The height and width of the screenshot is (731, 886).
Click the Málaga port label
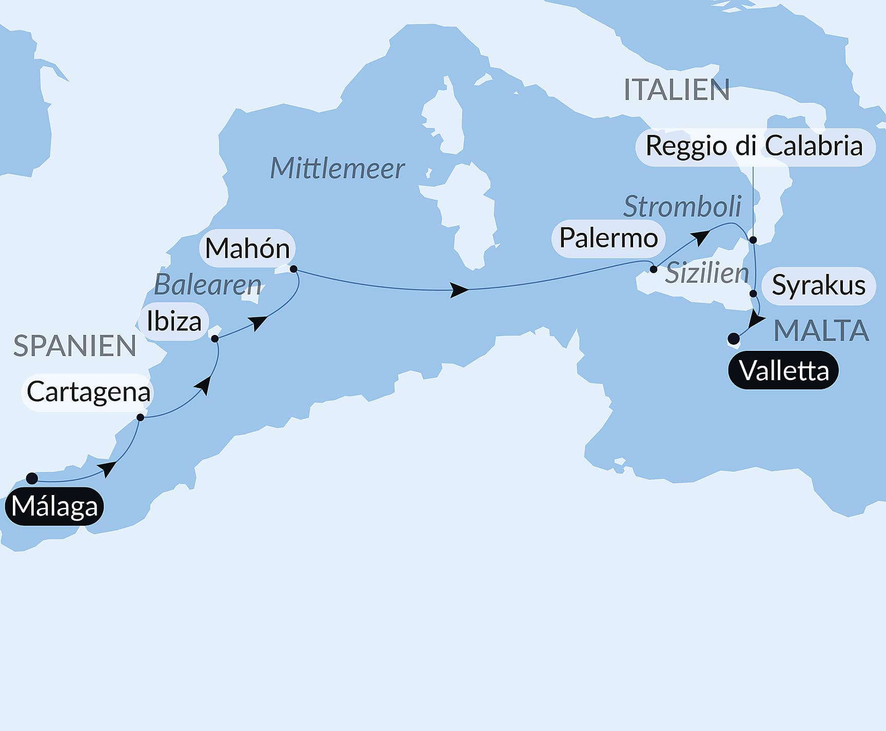click(x=54, y=506)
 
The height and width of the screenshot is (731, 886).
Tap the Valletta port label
click(x=783, y=370)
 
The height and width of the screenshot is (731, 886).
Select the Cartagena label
click(x=88, y=392)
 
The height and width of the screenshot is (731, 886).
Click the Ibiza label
click(x=174, y=322)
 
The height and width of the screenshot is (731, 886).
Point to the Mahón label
click(x=247, y=248)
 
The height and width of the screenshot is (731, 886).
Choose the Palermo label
click(x=608, y=238)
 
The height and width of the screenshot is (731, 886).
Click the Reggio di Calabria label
click(x=754, y=146)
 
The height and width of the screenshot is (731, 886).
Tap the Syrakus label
click(x=818, y=285)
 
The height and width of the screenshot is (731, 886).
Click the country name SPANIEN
click(x=75, y=346)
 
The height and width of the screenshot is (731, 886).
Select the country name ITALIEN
click(x=676, y=90)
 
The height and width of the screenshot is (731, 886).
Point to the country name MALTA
click(x=821, y=330)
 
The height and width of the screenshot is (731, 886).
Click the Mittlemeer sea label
click(x=337, y=168)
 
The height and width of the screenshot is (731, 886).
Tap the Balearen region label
click(x=208, y=285)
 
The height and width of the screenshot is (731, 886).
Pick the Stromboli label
click(x=682, y=207)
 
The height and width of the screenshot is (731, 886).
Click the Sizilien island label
click(x=707, y=273)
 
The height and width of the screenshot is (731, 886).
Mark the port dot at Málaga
click(x=32, y=478)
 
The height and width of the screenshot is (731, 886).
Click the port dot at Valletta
click(x=734, y=339)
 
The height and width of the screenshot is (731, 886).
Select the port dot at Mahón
click(x=293, y=269)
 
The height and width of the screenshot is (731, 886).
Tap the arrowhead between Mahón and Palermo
click(x=459, y=290)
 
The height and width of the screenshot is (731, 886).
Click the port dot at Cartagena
click(x=140, y=418)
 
